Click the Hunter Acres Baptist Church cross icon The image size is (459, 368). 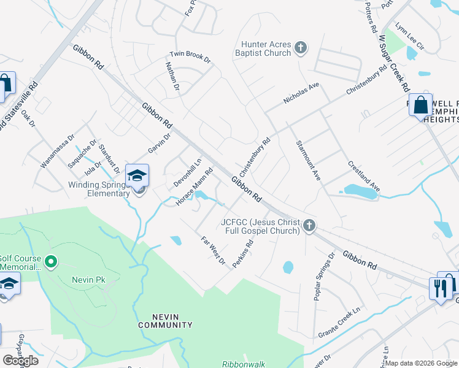pos(301,48)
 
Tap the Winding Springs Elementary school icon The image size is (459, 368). pos(137,175)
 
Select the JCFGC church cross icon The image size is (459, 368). pos(309,226)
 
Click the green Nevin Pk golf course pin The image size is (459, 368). pos(52,263)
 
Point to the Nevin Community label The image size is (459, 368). pos(165,321)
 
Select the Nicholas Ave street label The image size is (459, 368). pos(301,93)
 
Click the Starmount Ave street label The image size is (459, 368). pos(308,159)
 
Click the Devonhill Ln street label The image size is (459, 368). pos(188,174)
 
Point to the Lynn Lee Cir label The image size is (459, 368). pos(410,36)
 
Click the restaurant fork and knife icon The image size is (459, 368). pos(440,288)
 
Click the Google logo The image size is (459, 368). pos(20,361)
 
